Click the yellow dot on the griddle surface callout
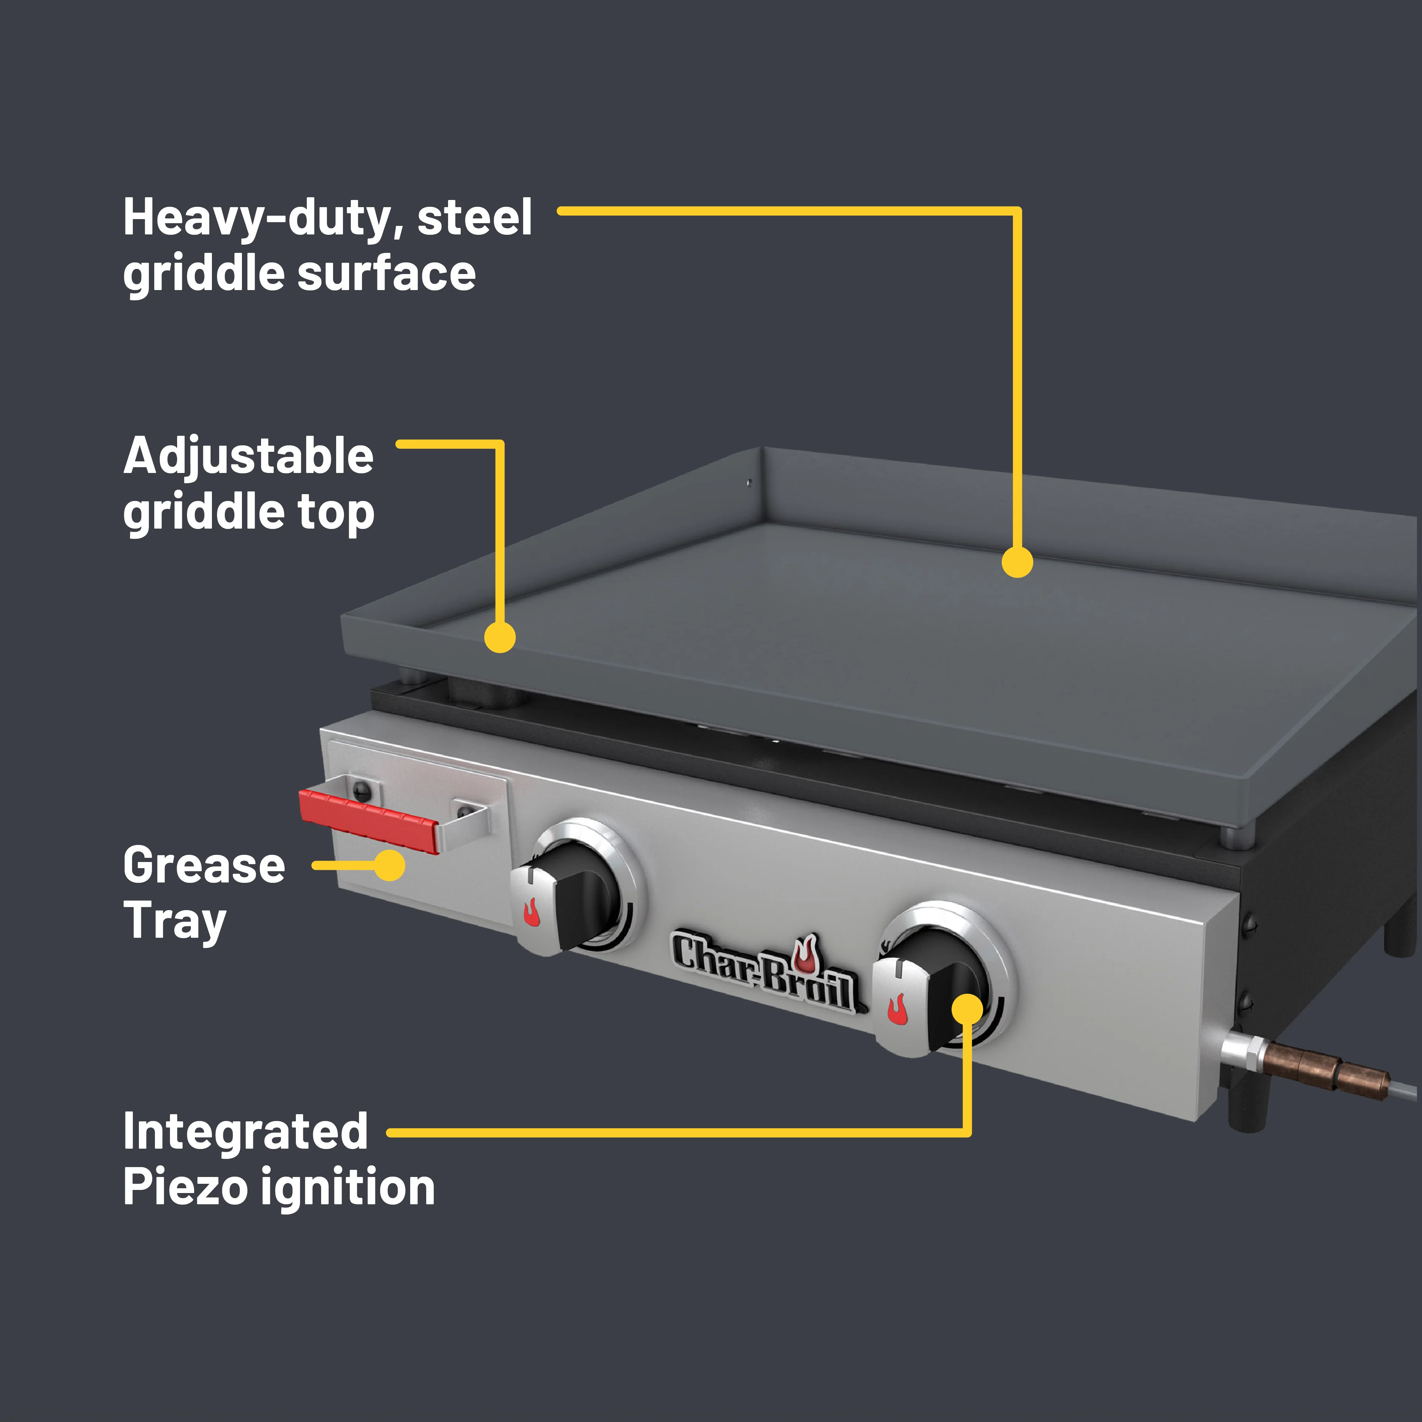[x=1017, y=562]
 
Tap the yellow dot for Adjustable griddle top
[x=500, y=637]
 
